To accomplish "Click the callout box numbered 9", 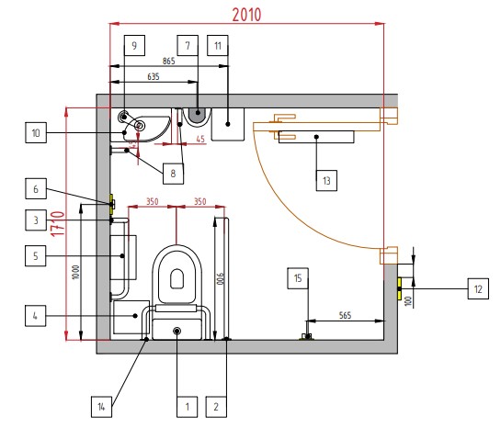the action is click(134, 45).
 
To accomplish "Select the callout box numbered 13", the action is click(326, 181).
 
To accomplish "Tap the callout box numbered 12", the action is click(478, 288).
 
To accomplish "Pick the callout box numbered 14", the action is click(101, 407).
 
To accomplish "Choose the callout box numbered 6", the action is click(36, 188).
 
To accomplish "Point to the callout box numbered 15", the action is click(298, 278).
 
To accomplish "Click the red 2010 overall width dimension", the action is click(246, 15).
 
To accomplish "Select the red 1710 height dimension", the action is click(58, 224).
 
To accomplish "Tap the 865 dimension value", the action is click(169, 61).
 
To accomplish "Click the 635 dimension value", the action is click(154, 76).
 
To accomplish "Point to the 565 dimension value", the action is click(345, 315).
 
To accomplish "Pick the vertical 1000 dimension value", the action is click(75, 272).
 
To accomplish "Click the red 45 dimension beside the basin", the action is click(200, 140).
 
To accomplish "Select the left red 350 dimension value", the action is click(153, 201).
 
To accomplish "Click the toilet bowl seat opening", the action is click(176, 278).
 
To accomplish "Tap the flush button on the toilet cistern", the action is click(177, 331).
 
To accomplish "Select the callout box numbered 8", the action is click(173, 174).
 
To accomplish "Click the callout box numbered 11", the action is click(218, 45).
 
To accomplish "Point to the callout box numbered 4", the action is click(36, 316).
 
